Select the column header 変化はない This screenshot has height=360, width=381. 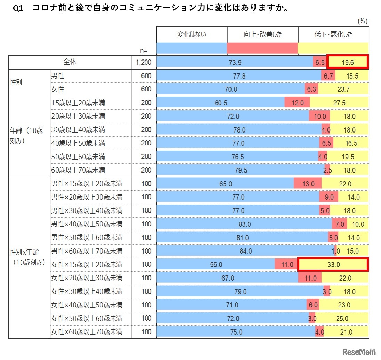pos(192,34)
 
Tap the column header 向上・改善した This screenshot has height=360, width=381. pos(262,34)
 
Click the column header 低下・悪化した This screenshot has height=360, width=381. pos(333,34)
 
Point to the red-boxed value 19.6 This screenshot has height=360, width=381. pos(347,63)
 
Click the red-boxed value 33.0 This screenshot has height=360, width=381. pos(333,264)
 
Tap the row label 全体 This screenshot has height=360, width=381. pos(70,62)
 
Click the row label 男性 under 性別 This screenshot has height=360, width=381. pos(58,75)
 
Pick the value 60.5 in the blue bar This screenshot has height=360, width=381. pos(221,103)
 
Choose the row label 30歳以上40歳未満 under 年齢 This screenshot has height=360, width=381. pos(78,130)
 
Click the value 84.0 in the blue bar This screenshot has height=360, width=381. pos(245,251)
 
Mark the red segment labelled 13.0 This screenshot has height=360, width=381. pos(308,184)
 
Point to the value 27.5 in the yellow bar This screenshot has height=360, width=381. pos(339,103)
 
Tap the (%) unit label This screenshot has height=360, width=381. pos(363,21)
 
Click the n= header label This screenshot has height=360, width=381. pos(144,51)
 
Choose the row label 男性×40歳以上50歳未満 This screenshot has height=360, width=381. pos(87,224)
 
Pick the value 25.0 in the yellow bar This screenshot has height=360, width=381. pos(341,318)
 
